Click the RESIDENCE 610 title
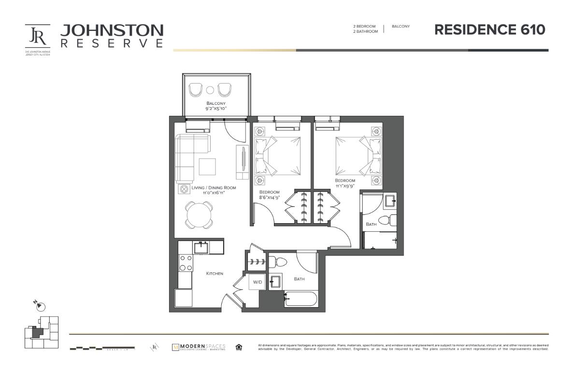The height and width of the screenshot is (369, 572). pos(489,30)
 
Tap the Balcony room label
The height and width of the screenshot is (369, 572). pos(216,103)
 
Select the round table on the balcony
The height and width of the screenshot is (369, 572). pos(210,89)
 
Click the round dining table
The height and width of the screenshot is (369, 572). pos(199,215)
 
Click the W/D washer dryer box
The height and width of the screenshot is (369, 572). pos(257,282)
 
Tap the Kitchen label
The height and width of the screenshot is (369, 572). pos(214,273)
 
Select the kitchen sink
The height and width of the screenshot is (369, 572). pos(201,247)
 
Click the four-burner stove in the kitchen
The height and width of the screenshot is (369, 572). pos(186,263)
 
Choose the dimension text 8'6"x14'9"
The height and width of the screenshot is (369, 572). pos(270,198)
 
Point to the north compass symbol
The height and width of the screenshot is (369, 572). pos(41,306)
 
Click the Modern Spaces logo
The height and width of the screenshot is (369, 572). pos(199,347)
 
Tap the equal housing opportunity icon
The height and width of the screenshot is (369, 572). pos(239,347)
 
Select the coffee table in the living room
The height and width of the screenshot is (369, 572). pos(208,167)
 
